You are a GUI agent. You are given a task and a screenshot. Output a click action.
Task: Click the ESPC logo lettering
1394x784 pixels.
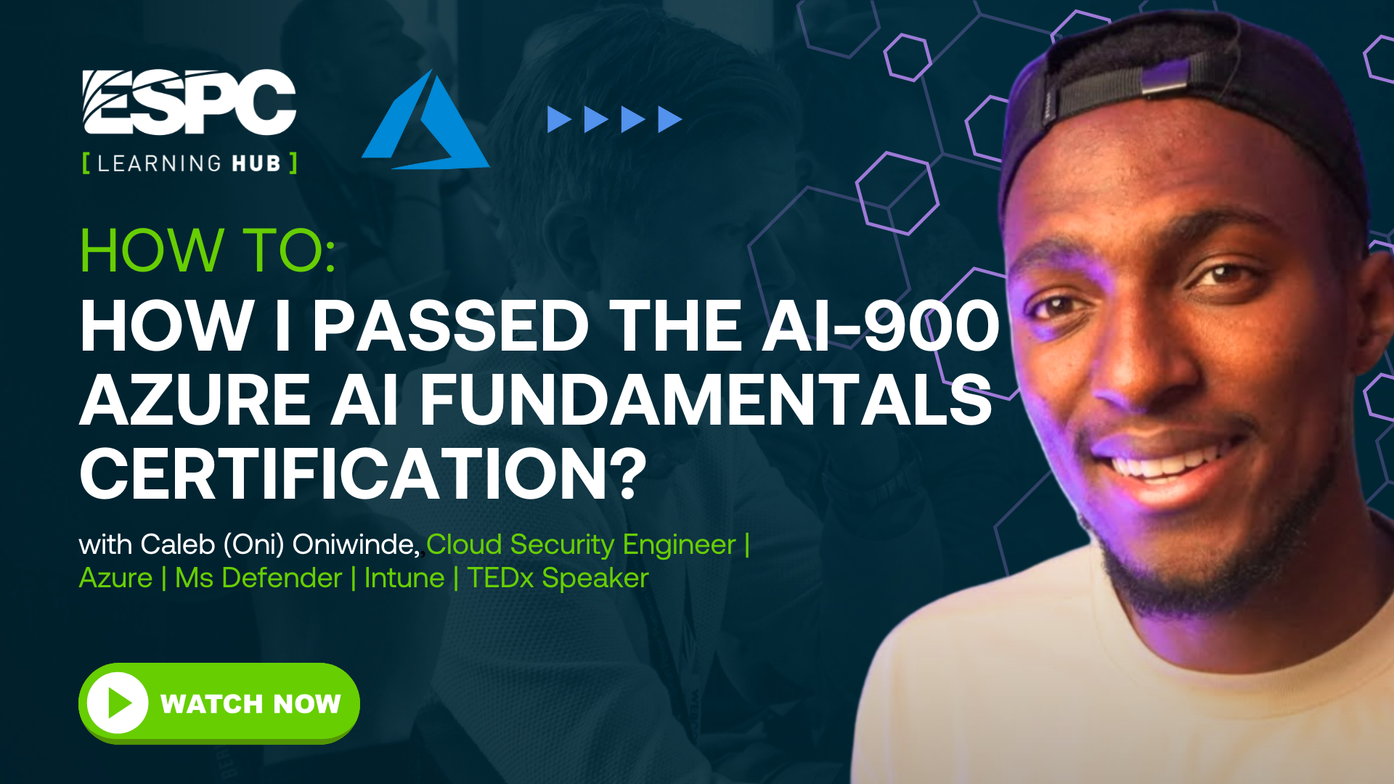[189, 102]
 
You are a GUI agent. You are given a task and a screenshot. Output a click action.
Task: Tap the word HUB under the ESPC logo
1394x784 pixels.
[256, 163]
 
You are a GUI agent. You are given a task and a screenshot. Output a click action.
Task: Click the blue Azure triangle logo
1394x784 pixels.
[426, 120]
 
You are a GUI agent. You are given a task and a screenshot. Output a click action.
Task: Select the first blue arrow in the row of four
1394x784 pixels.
[559, 119]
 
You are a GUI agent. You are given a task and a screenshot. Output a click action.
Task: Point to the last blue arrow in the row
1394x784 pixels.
[670, 119]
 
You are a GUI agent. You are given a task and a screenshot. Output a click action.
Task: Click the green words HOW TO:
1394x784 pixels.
[208, 250]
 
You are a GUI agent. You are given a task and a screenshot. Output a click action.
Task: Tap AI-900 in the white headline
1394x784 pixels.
[881, 326]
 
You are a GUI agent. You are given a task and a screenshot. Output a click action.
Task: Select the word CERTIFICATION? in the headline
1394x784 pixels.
[363, 473]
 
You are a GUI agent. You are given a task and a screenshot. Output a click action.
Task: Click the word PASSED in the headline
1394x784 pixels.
[451, 326]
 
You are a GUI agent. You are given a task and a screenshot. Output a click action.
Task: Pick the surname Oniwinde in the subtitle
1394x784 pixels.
[356, 544]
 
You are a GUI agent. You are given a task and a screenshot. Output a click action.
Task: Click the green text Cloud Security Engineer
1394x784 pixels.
[581, 545]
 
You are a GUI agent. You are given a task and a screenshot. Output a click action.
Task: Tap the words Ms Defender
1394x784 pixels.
[258, 578]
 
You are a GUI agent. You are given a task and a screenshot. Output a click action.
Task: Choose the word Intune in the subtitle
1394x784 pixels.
[404, 578]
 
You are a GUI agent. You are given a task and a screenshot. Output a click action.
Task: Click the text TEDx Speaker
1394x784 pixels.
[558, 579]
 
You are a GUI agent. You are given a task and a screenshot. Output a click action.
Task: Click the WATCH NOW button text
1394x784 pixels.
[250, 703]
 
